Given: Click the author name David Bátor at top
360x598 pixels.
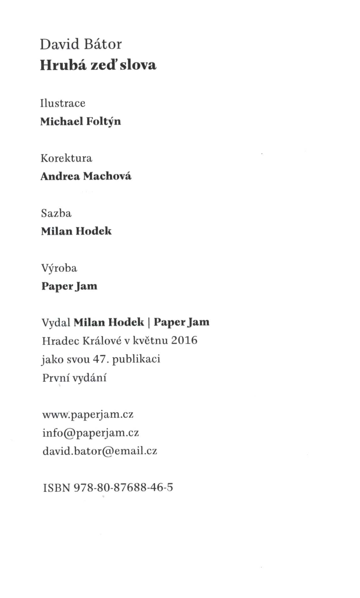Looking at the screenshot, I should click(x=81, y=44).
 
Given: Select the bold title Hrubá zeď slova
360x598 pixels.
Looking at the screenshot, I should click(x=98, y=65).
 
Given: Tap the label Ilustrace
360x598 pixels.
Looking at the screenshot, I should click(x=63, y=103).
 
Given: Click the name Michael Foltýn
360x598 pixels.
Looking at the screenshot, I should click(x=80, y=121).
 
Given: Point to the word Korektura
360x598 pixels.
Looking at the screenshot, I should click(x=66, y=158).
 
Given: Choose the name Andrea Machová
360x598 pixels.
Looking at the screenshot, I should click(x=86, y=176).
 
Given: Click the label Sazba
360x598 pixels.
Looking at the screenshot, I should click(x=56, y=213).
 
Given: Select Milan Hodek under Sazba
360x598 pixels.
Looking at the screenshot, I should click(x=76, y=231).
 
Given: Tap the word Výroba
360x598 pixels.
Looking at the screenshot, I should click(x=59, y=268).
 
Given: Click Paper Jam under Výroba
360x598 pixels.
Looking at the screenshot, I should click(x=69, y=286).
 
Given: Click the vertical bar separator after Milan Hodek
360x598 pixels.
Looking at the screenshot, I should click(x=149, y=323).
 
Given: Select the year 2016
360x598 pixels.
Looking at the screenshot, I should click(x=184, y=340).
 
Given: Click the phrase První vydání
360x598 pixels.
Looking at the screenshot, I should click(x=74, y=377).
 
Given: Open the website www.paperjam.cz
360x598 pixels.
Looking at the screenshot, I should click(x=88, y=415).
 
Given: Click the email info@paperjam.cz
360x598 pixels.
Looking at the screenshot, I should click(x=90, y=433).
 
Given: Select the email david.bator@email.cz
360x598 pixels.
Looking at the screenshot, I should click(x=100, y=451).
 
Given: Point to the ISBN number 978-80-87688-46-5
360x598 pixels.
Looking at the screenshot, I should click(x=123, y=487).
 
